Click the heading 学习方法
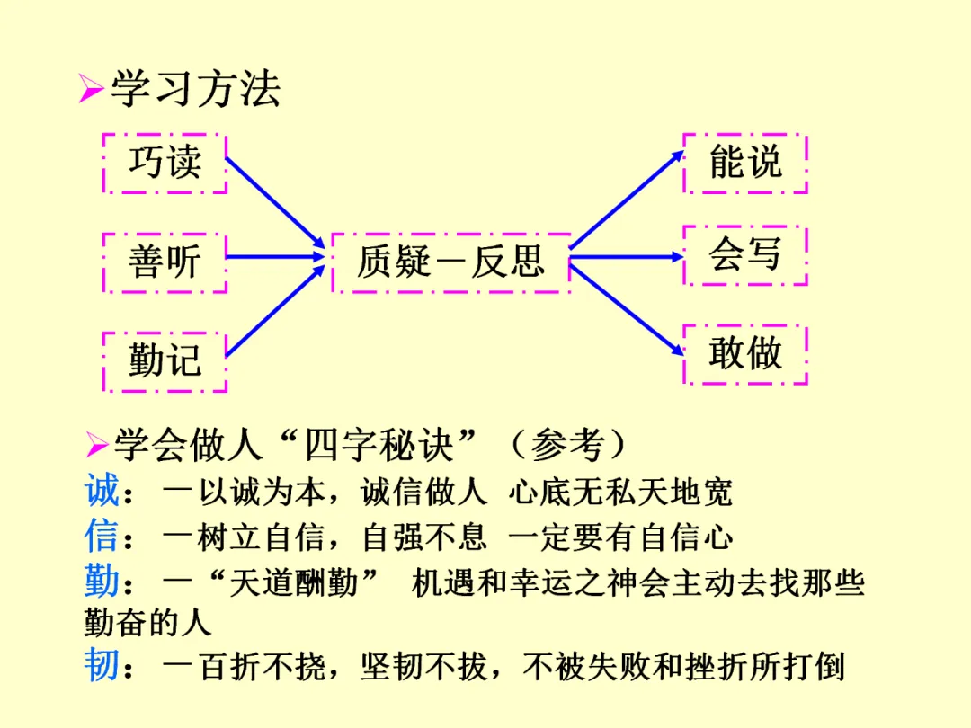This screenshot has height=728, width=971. pos(195,89)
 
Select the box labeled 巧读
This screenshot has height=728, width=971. pos(165,163)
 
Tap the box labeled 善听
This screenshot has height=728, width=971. pos(165,262)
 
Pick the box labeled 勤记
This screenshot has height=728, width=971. pos(165,360)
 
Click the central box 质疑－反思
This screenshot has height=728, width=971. pos(450,262)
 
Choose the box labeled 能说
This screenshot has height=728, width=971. pos(745,163)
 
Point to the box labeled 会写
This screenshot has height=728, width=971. pos(745,255)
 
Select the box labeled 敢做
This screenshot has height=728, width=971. pos(745,353)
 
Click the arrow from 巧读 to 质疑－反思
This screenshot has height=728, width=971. pos(274,203)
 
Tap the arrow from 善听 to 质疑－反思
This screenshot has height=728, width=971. pos(274,257)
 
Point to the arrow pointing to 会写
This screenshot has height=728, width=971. pos(627,257)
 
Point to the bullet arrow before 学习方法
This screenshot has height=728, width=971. pos(90,91)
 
